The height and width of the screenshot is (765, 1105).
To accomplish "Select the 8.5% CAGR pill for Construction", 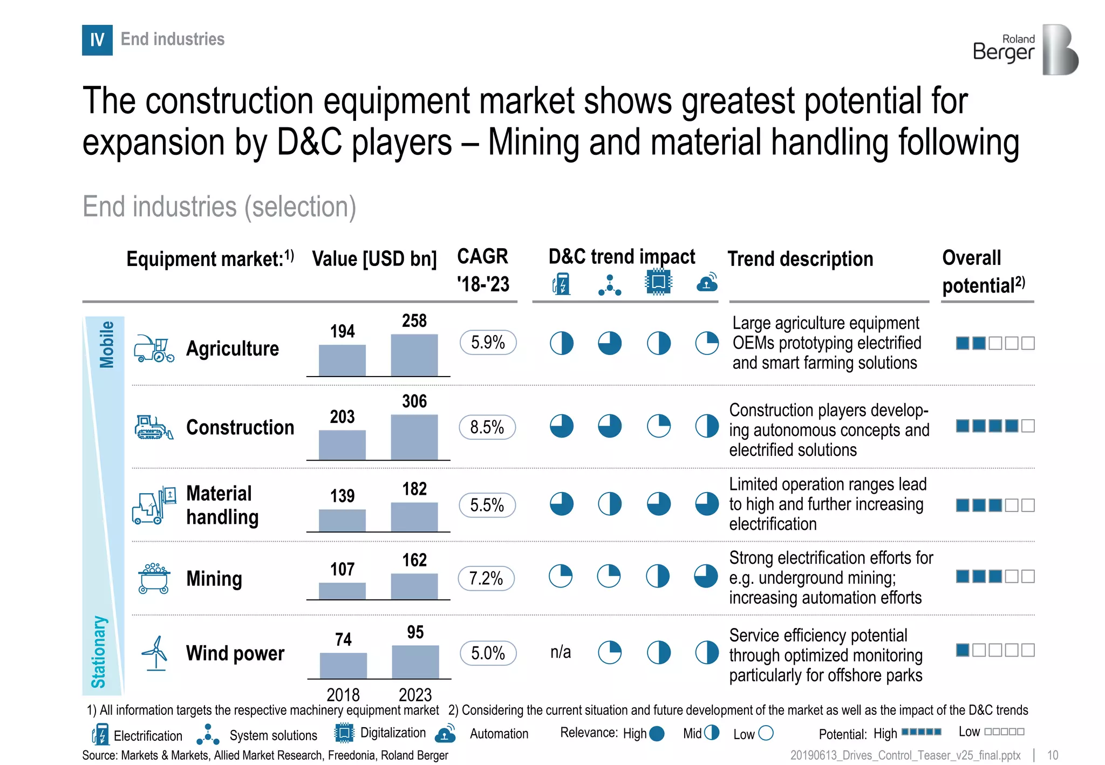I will point(487,427).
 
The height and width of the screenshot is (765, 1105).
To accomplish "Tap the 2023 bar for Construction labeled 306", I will point(414,437).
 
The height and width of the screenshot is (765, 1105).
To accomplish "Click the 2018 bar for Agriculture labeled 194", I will point(342,360).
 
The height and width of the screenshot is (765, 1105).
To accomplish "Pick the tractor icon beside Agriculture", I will point(154,349).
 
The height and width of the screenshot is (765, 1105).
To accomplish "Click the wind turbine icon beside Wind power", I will point(155,653).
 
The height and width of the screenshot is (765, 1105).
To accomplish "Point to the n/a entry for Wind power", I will point(561,652).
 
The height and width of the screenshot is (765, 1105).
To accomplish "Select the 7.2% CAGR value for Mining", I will point(486,578).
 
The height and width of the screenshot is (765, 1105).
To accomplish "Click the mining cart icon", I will point(154,578).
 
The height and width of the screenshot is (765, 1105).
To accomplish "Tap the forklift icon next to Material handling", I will point(154,505).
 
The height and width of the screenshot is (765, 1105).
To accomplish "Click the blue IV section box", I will point(97,40).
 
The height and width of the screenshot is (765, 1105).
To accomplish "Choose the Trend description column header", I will point(800,259).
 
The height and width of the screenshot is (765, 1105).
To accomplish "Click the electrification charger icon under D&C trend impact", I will point(561,284).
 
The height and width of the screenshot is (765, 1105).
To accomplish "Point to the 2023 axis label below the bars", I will point(415,694).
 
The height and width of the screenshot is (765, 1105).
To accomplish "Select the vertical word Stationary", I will point(98,652).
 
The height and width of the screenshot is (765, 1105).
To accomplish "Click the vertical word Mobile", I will point(107,344).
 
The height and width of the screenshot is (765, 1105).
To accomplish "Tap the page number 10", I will point(1052,755).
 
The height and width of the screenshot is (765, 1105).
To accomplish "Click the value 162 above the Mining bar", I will point(414,560).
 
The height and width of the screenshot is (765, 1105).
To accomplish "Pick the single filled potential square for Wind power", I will point(963,650).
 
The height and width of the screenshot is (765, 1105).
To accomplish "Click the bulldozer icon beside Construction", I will point(154,427).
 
